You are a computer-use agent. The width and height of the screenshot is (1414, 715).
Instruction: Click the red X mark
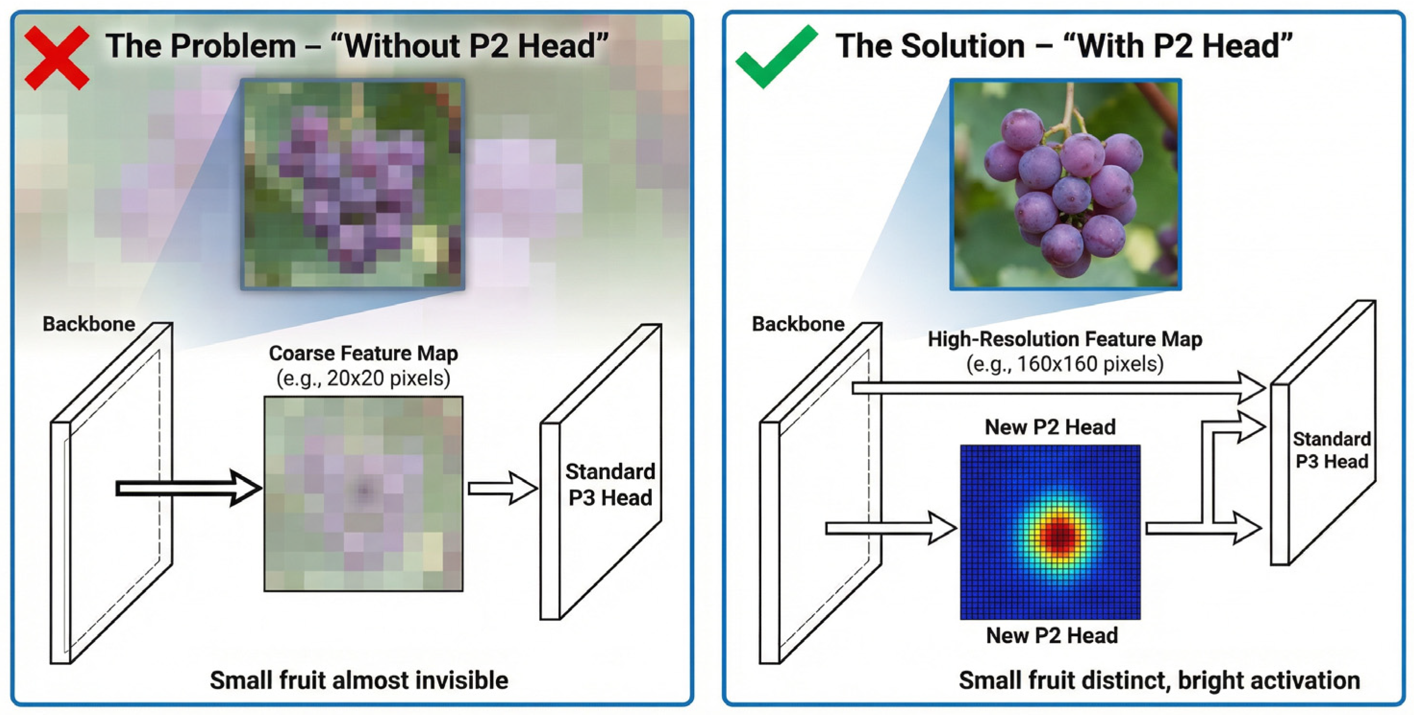coord(57,58)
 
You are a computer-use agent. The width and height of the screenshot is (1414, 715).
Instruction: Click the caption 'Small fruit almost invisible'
coord(359,680)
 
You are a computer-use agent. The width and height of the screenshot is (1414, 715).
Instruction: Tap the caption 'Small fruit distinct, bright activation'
coord(1159,680)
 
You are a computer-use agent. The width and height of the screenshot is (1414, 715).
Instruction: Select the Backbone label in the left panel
coord(89,324)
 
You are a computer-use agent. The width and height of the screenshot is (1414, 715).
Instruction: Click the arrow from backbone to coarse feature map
coord(186,488)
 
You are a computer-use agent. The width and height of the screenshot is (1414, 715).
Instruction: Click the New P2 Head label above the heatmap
coord(1050,427)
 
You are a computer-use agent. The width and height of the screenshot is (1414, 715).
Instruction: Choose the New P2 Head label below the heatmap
coord(1052,635)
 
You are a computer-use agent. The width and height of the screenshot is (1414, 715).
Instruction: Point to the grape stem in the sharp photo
coord(1067,107)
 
